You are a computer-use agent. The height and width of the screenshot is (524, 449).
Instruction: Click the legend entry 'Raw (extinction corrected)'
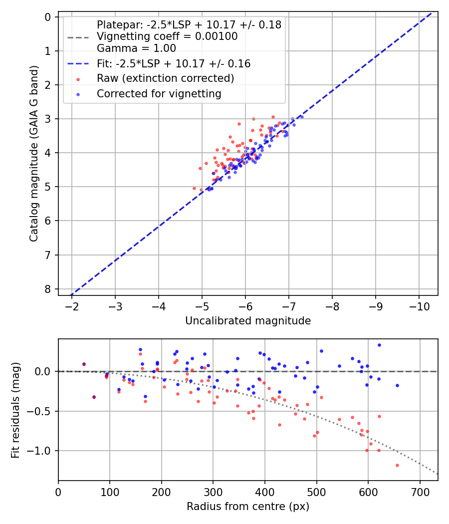coord(165,78)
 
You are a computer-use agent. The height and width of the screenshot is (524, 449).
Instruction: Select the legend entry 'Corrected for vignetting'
coord(159,94)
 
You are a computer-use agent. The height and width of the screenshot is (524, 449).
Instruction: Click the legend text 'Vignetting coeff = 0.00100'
coord(167,36)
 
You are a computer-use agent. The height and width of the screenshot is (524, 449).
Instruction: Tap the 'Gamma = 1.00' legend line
coord(136,48)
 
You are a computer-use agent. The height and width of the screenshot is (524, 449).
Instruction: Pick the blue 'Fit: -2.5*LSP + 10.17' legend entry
coord(173,64)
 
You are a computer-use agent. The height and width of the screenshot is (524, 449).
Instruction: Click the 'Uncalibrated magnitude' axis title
coord(248,321)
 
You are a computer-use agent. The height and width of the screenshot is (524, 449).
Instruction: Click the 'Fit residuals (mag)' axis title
coord(15,410)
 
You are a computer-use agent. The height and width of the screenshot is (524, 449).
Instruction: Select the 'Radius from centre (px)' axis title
coord(248,507)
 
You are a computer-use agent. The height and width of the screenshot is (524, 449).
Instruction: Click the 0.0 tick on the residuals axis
coord(44,371)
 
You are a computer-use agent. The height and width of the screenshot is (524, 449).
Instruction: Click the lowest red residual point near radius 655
coord(397,465)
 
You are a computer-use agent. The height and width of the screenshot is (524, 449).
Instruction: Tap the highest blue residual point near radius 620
coord(379,345)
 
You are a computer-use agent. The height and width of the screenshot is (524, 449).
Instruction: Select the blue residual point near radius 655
coord(397,385)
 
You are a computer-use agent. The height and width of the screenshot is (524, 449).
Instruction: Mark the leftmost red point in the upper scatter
coord(195,188)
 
